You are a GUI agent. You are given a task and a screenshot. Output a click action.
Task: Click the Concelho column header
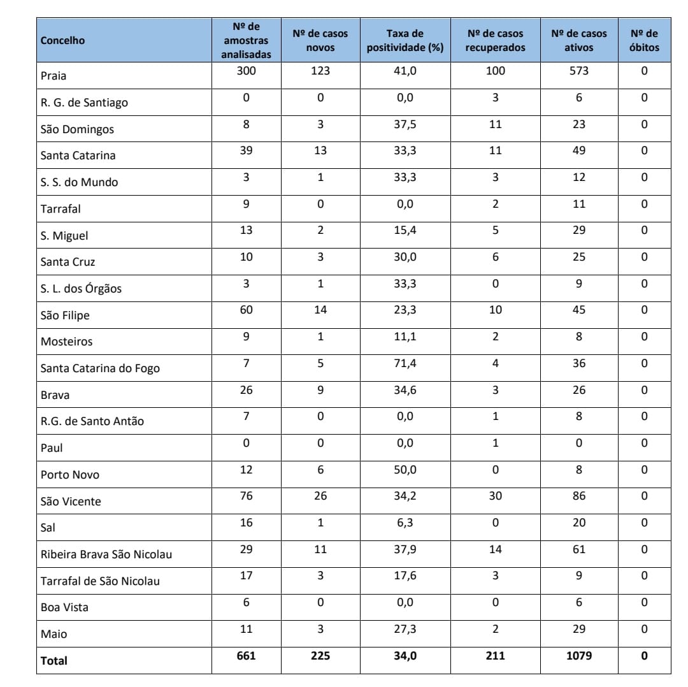(x=62, y=41)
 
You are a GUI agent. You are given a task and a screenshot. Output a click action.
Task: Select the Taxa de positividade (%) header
(x=405, y=41)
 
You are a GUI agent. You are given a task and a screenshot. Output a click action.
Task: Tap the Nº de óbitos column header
(x=644, y=41)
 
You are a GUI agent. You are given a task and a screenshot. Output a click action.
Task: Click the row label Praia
(x=54, y=76)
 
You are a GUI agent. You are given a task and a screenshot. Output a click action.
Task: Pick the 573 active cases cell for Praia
(x=579, y=71)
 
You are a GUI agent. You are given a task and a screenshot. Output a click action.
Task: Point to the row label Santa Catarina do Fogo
(x=100, y=368)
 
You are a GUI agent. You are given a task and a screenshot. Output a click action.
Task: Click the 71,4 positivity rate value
(x=405, y=363)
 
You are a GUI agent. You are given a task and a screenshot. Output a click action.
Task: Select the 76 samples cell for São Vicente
(x=246, y=496)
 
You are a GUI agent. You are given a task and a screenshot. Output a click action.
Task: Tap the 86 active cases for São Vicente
(x=579, y=496)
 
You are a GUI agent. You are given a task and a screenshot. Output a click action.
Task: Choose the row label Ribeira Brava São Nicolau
(x=106, y=554)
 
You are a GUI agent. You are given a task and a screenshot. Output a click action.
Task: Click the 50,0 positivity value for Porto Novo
(x=405, y=470)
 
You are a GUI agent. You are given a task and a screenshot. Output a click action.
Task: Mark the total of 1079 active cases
(x=579, y=655)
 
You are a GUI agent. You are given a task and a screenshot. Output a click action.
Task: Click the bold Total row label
(x=54, y=661)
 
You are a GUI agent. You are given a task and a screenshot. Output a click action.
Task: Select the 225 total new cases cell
(x=320, y=655)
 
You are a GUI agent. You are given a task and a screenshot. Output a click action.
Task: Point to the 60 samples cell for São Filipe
(x=246, y=310)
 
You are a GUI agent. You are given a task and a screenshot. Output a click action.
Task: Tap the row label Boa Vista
(x=64, y=607)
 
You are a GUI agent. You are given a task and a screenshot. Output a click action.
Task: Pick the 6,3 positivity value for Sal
(x=405, y=523)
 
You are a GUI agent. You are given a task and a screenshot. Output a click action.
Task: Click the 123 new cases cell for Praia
(x=320, y=71)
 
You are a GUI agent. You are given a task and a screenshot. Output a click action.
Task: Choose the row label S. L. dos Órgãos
(x=81, y=289)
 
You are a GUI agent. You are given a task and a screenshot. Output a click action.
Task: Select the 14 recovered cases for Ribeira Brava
(x=495, y=549)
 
